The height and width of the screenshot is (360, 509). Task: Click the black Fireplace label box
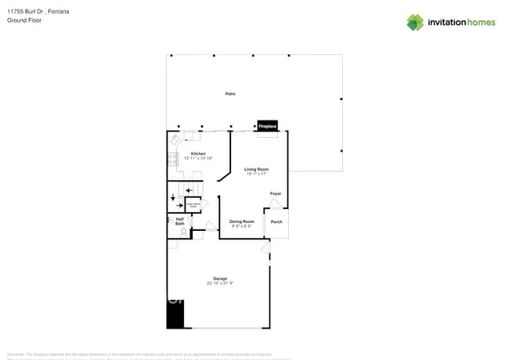coord(268,125)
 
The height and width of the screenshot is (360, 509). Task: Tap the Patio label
coord(230,94)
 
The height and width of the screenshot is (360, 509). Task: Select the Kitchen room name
coord(197,153)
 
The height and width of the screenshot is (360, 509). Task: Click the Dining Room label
coord(241,221)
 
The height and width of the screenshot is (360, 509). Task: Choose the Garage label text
coord(220,278)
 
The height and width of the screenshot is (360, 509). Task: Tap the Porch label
coord(276,222)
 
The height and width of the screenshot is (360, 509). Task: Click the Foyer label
coord(276,193)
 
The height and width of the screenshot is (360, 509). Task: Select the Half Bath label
coord(179,221)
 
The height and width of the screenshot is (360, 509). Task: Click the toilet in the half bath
coord(183,232)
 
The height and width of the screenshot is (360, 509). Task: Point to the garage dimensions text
coord(220,283)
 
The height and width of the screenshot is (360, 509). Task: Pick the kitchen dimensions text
coord(198,158)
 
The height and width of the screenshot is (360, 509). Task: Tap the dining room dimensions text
coord(241,226)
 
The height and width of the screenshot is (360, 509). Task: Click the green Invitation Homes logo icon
coord(415,22)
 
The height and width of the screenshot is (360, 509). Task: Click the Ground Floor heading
coord(24,20)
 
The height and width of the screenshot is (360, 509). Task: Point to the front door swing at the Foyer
coord(274,203)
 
